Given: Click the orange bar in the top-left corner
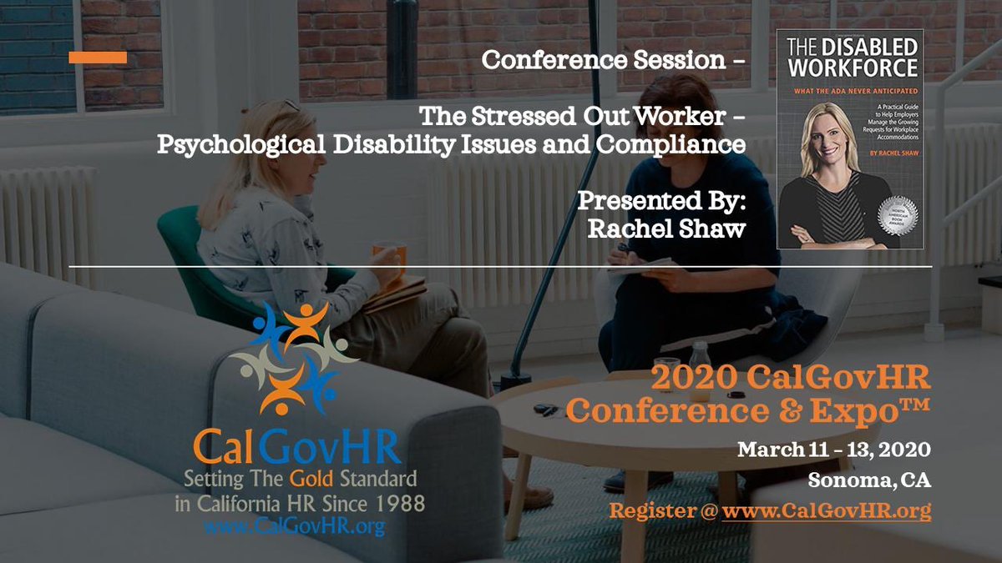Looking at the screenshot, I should tap(98, 58).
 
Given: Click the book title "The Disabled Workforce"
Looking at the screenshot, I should tap(848, 58).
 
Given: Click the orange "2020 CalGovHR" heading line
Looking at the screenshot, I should tap(790, 378).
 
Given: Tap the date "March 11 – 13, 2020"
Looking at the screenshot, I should tap(834, 450).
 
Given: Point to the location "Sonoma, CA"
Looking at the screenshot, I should tap(869, 480).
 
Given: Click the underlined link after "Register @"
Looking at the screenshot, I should tap(826, 510).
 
